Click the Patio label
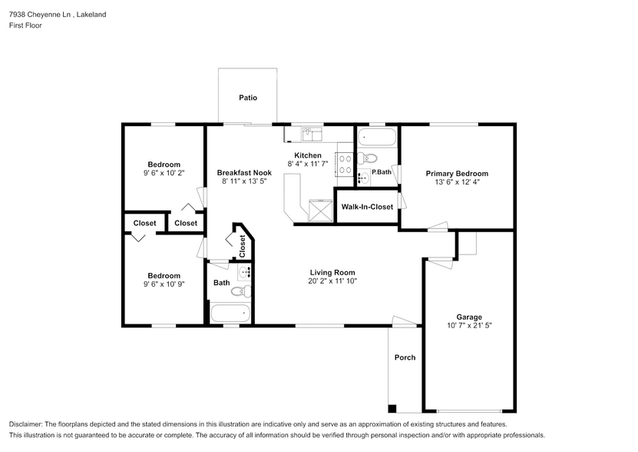pos(247,98)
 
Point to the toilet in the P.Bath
pos(370,159)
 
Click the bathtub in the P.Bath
pos(377,138)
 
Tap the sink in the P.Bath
pos(363,178)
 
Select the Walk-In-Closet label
pos(367,207)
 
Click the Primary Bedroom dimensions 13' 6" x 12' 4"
pos(457,183)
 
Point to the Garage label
pos(469,317)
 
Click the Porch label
pos(405,357)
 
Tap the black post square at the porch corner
pos(393,408)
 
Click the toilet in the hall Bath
pos(240,291)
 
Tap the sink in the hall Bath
pos(245,272)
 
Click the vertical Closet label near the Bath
pos(243,245)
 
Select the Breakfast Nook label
pos(244,173)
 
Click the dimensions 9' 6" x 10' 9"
pos(164,285)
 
